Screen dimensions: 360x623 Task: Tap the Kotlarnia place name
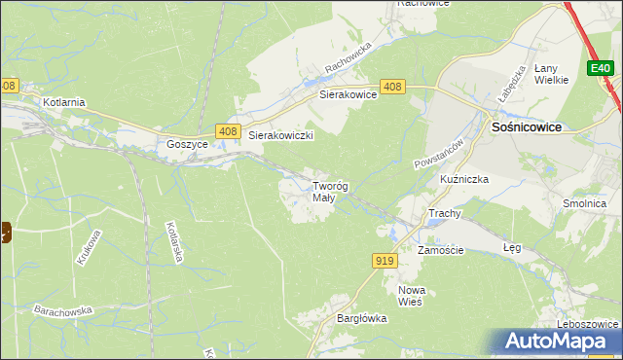[64, 101]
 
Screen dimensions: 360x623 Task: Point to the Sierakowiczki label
[280, 136]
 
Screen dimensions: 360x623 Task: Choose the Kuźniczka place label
[463, 180]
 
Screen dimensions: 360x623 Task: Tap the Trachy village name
[444, 213]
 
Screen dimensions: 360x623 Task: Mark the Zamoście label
[440, 250]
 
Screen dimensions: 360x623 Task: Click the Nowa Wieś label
[412, 296]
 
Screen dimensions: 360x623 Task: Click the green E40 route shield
[600, 68]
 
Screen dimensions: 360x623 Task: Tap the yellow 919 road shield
[384, 260]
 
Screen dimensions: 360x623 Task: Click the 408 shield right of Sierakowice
[393, 87]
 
